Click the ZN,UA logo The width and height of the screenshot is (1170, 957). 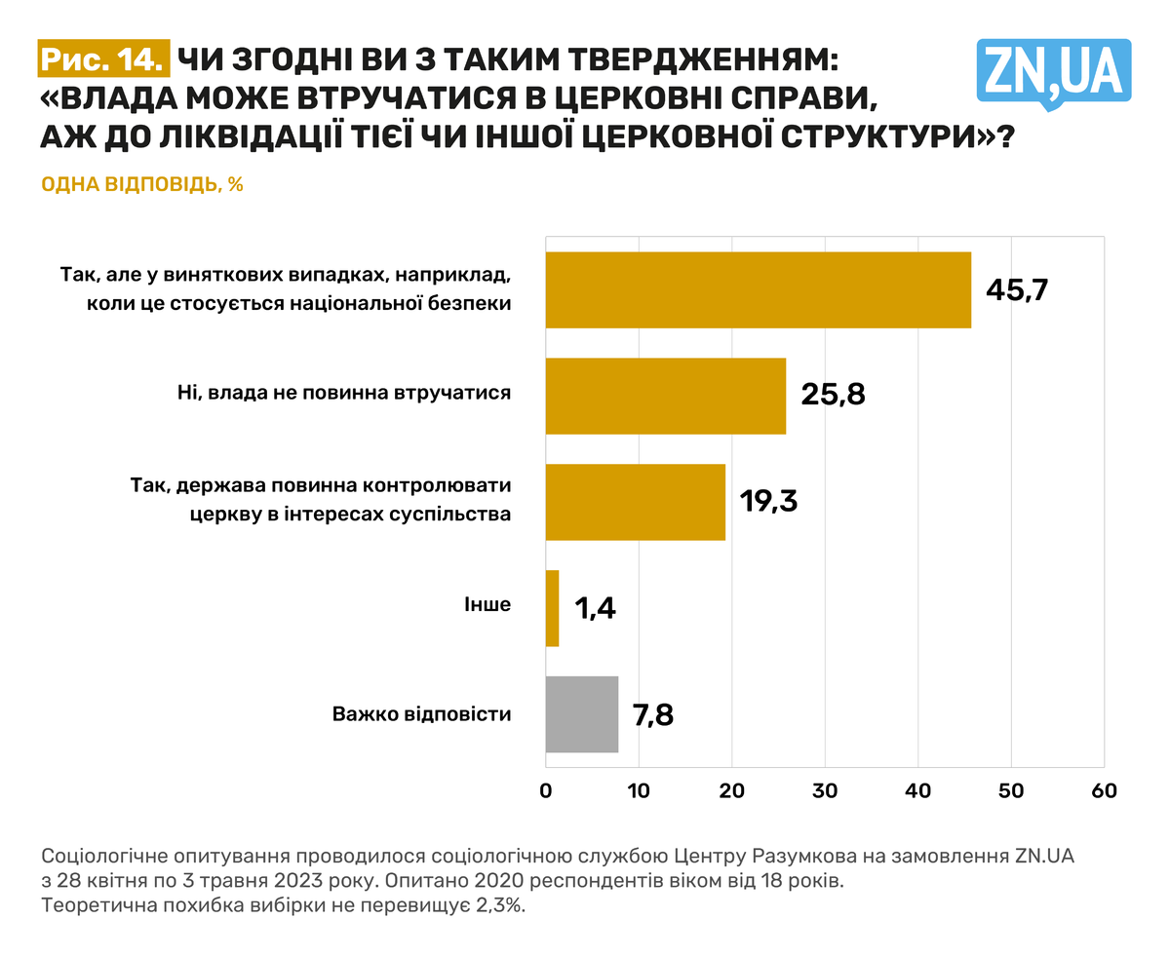[1053, 70]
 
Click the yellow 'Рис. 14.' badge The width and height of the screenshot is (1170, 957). [104, 59]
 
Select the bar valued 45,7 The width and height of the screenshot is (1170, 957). [758, 289]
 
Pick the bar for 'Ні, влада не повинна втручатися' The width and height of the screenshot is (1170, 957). [665, 396]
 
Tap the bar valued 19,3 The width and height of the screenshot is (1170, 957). [635, 502]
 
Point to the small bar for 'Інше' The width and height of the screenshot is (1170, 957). [552, 608]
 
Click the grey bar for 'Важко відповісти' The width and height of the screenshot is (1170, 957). [581, 714]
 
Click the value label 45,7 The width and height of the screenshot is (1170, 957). [1015, 289]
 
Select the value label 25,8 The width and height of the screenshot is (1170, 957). [833, 396]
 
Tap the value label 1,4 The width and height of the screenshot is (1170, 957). [595, 608]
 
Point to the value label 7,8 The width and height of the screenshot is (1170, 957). [653, 714]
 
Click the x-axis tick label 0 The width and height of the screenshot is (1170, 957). [546, 791]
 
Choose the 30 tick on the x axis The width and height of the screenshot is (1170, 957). [825, 791]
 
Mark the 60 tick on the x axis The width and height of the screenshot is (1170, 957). [1104, 791]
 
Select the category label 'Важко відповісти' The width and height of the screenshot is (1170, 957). [421, 714]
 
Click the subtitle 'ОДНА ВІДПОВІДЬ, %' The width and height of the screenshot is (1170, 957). [142, 184]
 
